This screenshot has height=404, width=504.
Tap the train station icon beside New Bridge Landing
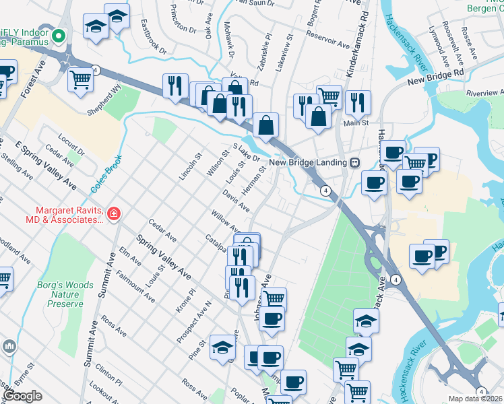pyautogui.click(x=353, y=162)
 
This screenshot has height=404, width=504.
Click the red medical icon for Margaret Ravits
pyautogui.click(x=114, y=214)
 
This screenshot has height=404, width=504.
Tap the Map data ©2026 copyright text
pyautogui.click(x=475, y=399)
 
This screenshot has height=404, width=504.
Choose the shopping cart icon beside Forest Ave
pyautogui.click(x=81, y=79)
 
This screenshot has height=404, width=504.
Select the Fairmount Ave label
pyautogui.click(x=135, y=283)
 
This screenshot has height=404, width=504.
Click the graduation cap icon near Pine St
pyautogui.click(x=222, y=347)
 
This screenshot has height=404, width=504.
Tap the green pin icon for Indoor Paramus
pyautogui.click(x=58, y=36)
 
